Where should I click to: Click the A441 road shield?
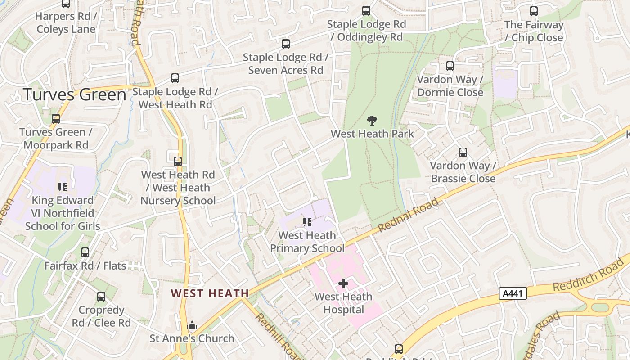click(x=513, y=294)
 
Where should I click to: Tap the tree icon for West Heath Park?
click(x=372, y=121)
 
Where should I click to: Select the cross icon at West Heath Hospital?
click(x=343, y=283)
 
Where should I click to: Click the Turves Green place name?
click(x=74, y=95)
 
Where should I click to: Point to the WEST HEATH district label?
click(x=210, y=293)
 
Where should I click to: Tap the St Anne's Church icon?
click(x=192, y=325)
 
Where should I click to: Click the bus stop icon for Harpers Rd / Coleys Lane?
click(x=66, y=4)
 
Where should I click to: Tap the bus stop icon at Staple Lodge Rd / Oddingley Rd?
click(x=366, y=11)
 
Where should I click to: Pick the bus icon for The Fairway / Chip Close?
click(x=534, y=11)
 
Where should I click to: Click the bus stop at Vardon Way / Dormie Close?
click(x=450, y=66)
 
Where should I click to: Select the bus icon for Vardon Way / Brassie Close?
click(x=463, y=153)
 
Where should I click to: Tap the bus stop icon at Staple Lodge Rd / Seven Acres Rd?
click(x=286, y=44)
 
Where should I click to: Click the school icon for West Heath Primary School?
click(x=307, y=222)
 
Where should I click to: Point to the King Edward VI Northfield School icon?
click(x=63, y=187)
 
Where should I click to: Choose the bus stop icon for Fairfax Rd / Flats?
click(x=85, y=252)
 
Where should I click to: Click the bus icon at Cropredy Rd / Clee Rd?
click(x=101, y=297)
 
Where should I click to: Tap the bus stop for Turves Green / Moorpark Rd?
click(x=56, y=119)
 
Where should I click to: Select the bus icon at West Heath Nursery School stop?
click(x=178, y=161)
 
